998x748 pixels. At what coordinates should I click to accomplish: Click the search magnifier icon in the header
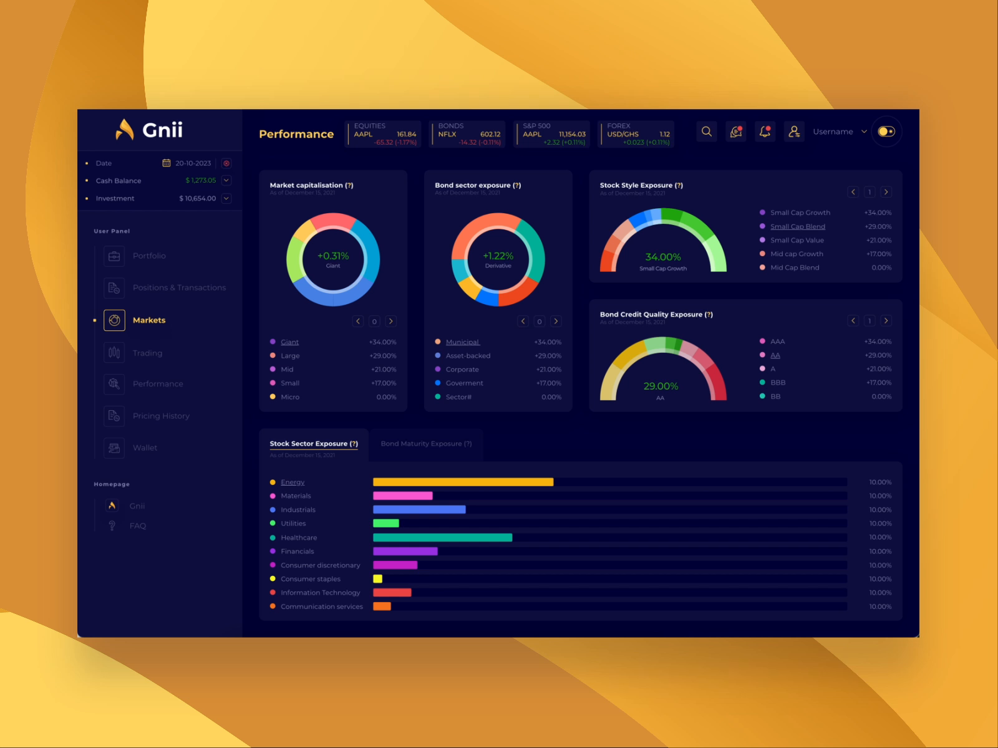pyautogui.click(x=707, y=132)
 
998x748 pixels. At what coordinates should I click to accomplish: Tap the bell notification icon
pyautogui.click(x=765, y=132)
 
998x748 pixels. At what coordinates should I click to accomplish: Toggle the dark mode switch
pyautogui.click(x=886, y=132)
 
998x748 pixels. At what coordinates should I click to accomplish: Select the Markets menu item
pyautogui.click(x=148, y=320)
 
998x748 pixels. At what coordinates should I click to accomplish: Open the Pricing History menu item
pyautogui.click(x=161, y=416)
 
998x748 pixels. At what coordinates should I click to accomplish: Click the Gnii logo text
pyautogui.click(x=162, y=130)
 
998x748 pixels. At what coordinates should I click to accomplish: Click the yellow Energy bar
pyautogui.click(x=463, y=482)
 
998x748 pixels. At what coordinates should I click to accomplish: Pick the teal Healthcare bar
pyautogui.click(x=442, y=537)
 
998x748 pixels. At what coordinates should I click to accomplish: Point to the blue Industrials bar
pyautogui.click(x=419, y=509)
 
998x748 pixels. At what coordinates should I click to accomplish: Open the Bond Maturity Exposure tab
pyautogui.click(x=426, y=444)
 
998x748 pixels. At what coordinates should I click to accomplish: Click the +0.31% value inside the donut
pyautogui.click(x=333, y=256)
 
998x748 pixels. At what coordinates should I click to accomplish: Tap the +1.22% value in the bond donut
pyautogui.click(x=498, y=256)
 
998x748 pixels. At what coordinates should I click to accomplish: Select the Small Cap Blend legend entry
pyautogui.click(x=797, y=226)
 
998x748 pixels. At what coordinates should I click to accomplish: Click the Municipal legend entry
pyautogui.click(x=462, y=342)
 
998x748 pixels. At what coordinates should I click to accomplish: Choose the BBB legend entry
pyautogui.click(x=777, y=383)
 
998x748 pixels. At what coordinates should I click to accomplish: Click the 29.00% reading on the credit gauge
pyautogui.click(x=661, y=386)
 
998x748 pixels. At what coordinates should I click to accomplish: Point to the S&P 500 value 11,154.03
pyautogui.click(x=572, y=134)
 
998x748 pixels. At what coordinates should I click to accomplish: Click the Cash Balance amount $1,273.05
pyautogui.click(x=200, y=181)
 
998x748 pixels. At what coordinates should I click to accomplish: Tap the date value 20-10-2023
pyautogui.click(x=193, y=163)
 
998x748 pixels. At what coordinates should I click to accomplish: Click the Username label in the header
pyautogui.click(x=833, y=132)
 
